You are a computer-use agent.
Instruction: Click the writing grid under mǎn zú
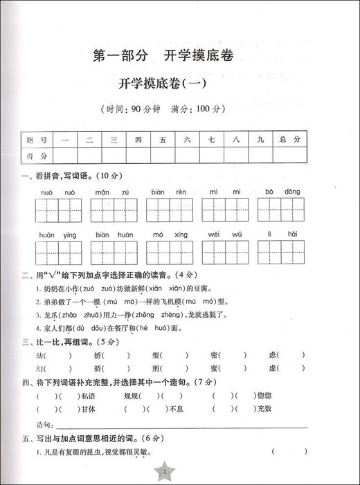point(114,208)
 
